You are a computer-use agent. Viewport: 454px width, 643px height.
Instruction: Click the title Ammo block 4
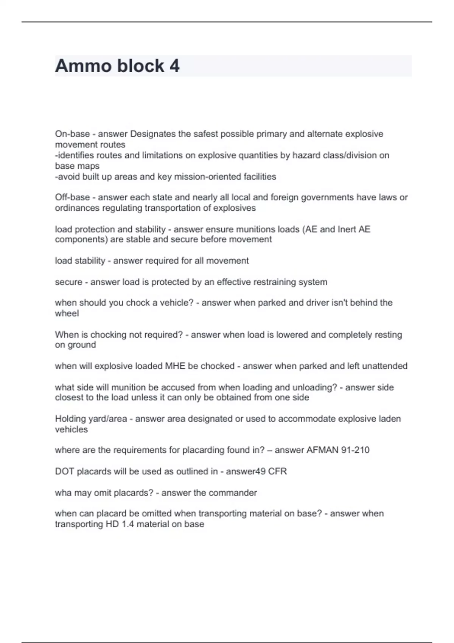point(117,66)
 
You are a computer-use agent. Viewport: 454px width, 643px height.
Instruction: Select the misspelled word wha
point(63,493)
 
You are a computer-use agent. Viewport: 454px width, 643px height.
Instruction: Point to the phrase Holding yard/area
point(91,419)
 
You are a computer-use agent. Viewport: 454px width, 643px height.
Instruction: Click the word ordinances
point(78,208)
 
